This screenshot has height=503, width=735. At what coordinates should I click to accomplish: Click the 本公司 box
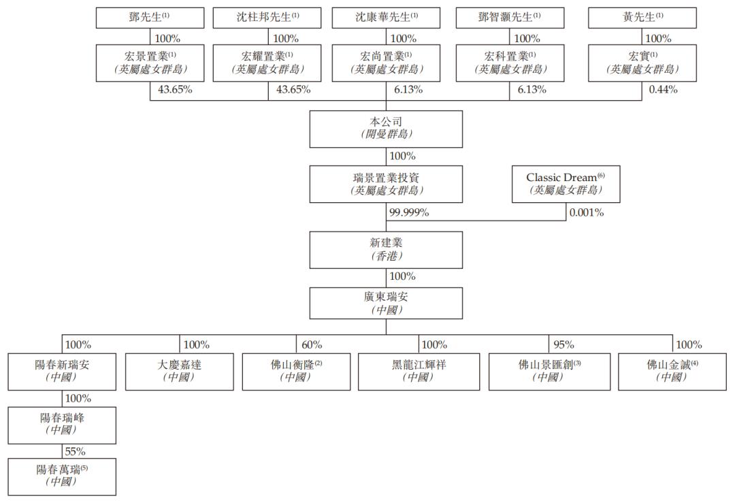(386, 129)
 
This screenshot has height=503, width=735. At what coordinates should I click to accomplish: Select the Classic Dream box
(566, 184)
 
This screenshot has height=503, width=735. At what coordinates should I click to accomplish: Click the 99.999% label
(409, 213)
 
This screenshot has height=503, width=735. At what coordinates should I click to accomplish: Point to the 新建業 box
(386, 249)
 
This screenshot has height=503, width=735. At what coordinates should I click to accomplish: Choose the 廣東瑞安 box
(386, 303)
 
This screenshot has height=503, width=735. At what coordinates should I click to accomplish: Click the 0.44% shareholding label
(663, 89)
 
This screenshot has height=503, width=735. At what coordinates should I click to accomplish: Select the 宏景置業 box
(150, 63)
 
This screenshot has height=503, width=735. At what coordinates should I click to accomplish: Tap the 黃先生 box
(642, 18)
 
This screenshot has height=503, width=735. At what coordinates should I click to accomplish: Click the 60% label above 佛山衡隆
(312, 344)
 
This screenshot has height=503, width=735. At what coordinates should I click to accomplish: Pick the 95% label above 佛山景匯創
(563, 344)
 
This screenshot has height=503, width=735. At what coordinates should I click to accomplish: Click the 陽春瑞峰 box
(62, 425)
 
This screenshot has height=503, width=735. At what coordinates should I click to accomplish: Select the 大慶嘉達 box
(179, 371)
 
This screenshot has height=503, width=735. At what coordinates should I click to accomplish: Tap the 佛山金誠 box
(672, 371)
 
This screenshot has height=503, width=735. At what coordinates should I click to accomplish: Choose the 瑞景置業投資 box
(386, 184)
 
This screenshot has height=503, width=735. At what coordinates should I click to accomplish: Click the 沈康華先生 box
(386, 18)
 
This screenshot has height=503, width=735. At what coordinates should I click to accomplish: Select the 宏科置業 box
(510, 63)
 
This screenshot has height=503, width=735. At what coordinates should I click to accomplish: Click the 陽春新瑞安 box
(62, 371)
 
